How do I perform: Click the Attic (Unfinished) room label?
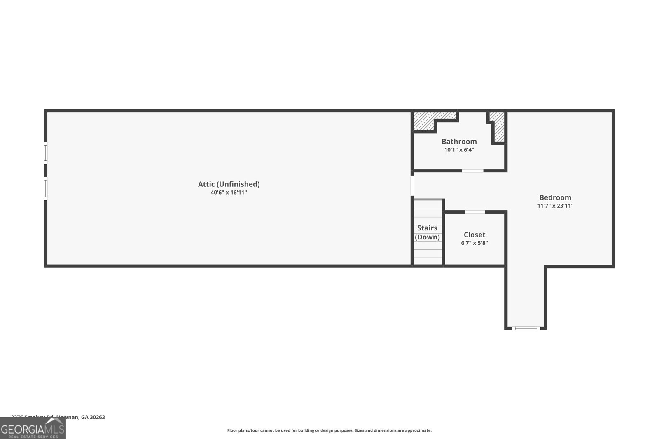pyautogui.click(x=229, y=184)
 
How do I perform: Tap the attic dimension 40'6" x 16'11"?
pyautogui.click(x=229, y=192)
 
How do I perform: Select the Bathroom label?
pyautogui.click(x=459, y=142)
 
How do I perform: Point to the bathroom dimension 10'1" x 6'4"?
pyautogui.click(x=459, y=150)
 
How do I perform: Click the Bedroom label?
pyautogui.click(x=555, y=197)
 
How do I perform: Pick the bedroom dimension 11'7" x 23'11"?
pyautogui.click(x=555, y=206)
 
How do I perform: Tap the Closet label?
pyautogui.click(x=474, y=235)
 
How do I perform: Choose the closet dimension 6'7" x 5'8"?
pyautogui.click(x=474, y=243)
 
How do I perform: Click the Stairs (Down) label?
pyautogui.click(x=427, y=232)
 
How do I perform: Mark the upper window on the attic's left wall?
pyautogui.click(x=46, y=153)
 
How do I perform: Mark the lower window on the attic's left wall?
pyautogui.click(x=46, y=188)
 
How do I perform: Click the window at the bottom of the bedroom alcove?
pyautogui.click(x=526, y=328)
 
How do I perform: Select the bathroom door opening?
pyautogui.click(x=472, y=170)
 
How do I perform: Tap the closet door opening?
pyautogui.click(x=474, y=212)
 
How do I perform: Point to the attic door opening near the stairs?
pyautogui.click(x=412, y=186)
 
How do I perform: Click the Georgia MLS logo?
pyautogui.click(x=33, y=429)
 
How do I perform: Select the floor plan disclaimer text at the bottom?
pyautogui.click(x=329, y=430)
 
